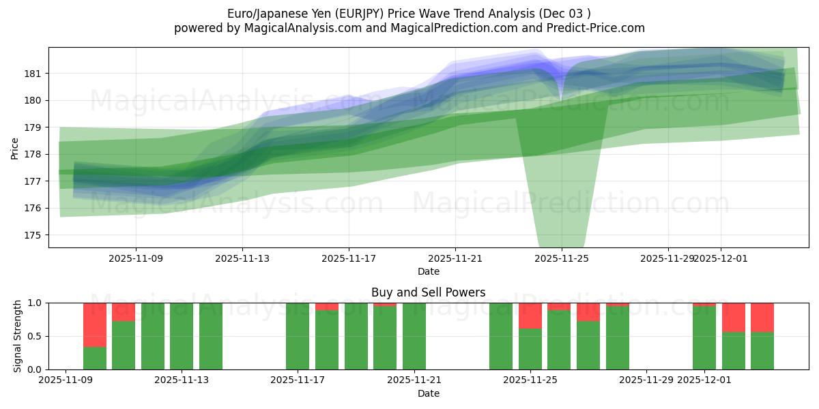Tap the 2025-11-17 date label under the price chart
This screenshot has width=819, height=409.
click(349, 258)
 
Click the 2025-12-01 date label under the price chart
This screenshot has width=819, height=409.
click(721, 258)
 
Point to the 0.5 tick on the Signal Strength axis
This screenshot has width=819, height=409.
click(34, 336)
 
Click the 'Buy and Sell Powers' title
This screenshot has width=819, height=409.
click(428, 292)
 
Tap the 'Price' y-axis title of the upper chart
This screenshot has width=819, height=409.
click(15, 147)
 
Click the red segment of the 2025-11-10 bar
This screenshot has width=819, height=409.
click(95, 324)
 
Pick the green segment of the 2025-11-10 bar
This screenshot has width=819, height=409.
click(95, 359)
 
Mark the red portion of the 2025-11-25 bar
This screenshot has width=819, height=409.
click(530, 316)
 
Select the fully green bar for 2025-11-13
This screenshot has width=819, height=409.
click(182, 336)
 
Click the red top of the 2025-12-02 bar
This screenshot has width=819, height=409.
click(734, 317)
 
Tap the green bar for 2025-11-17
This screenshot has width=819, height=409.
click(298, 336)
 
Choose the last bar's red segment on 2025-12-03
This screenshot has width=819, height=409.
click(762, 317)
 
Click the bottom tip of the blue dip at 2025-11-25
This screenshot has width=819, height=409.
click(561, 100)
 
